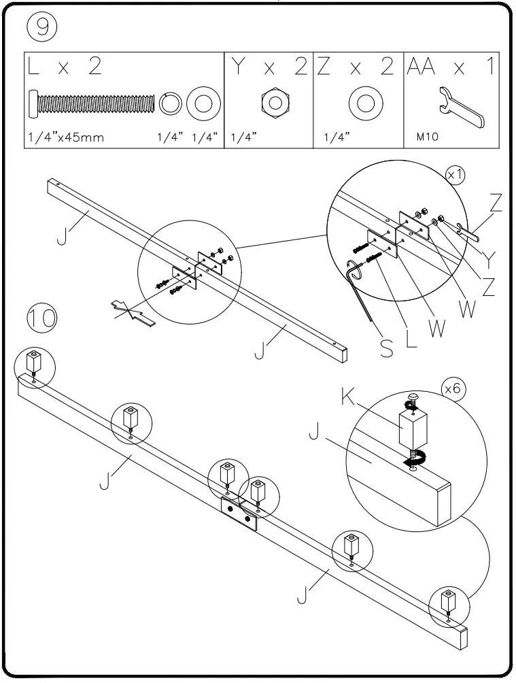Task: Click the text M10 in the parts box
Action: (428, 136)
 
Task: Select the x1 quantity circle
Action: (455, 175)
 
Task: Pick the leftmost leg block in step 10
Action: (33, 361)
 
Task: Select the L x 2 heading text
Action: (67, 67)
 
